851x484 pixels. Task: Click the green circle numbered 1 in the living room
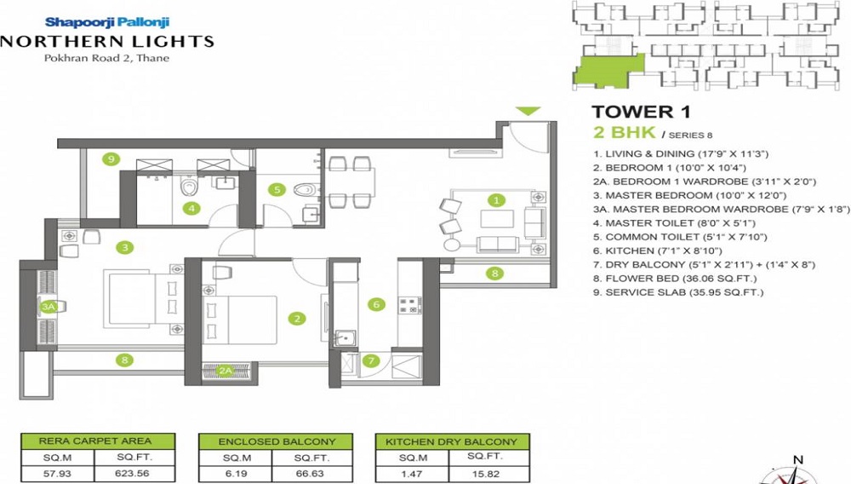tap(496, 200)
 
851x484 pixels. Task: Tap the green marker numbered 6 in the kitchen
tap(376, 304)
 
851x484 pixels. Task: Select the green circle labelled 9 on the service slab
tap(111, 159)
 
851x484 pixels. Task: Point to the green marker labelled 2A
tap(226, 371)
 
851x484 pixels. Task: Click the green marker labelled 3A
tap(49, 307)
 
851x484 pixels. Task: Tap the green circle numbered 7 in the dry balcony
tap(371, 360)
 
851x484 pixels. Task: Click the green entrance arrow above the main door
tap(528, 111)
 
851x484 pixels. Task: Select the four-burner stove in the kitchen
tap(410, 305)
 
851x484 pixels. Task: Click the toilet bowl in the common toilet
tap(305, 190)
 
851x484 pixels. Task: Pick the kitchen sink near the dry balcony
tap(344, 338)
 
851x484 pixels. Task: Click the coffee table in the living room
tap(497, 219)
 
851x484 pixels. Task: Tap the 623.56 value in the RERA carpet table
tap(132, 473)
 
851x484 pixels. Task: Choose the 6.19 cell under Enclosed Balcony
tap(236, 473)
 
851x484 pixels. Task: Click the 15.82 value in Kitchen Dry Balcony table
tap(486, 474)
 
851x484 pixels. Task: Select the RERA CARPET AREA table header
tap(98, 441)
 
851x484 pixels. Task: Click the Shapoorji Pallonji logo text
tap(107, 22)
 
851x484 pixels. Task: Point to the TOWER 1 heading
tap(641, 112)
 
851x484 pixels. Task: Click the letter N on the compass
tap(798, 460)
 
